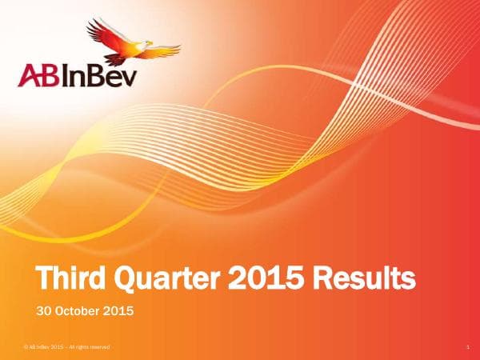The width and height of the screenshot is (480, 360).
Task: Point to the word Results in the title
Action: click(364, 279)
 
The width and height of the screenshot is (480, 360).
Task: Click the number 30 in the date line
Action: click(46, 310)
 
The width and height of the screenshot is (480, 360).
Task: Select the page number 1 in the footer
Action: click(465, 346)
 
